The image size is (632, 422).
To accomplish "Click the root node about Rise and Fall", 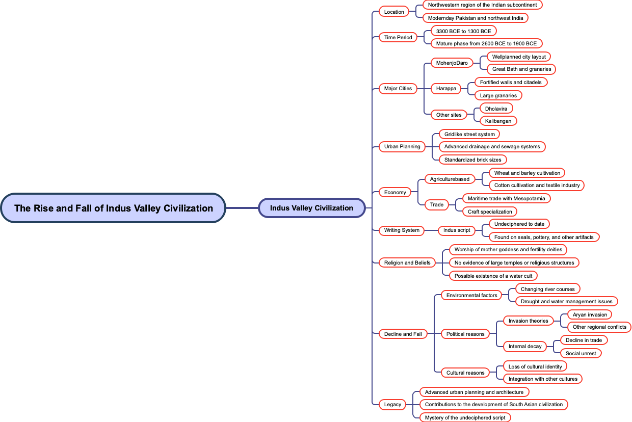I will pos(113,208).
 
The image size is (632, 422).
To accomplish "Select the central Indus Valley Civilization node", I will pos(311,208).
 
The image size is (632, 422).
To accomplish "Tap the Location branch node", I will pos(394,12).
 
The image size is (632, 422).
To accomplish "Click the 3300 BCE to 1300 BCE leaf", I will pos(463,31).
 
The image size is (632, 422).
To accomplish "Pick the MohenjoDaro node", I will pos(452,63).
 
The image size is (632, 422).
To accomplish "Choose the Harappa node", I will pos(446,88).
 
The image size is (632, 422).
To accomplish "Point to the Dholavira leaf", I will pos(496,109).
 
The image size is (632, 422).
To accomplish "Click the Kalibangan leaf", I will pos(498,121).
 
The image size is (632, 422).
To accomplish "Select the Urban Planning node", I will pos(402,146).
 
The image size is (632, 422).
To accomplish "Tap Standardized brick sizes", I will pos(472,160).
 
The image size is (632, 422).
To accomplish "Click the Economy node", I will pos(395,192).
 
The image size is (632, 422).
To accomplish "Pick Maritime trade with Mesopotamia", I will pos(506,198).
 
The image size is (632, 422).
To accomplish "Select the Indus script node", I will pos(457,230).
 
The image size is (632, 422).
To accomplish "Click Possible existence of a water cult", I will pos(493,276).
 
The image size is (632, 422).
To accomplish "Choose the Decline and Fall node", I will pos(403,334).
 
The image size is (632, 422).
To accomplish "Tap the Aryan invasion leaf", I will pos(590,314).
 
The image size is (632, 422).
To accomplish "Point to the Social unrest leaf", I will pos(581,353).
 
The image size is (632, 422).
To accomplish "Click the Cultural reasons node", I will pos(465,373).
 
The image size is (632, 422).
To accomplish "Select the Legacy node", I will pos(392,404).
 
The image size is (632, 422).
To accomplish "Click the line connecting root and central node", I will pos(242,208).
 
